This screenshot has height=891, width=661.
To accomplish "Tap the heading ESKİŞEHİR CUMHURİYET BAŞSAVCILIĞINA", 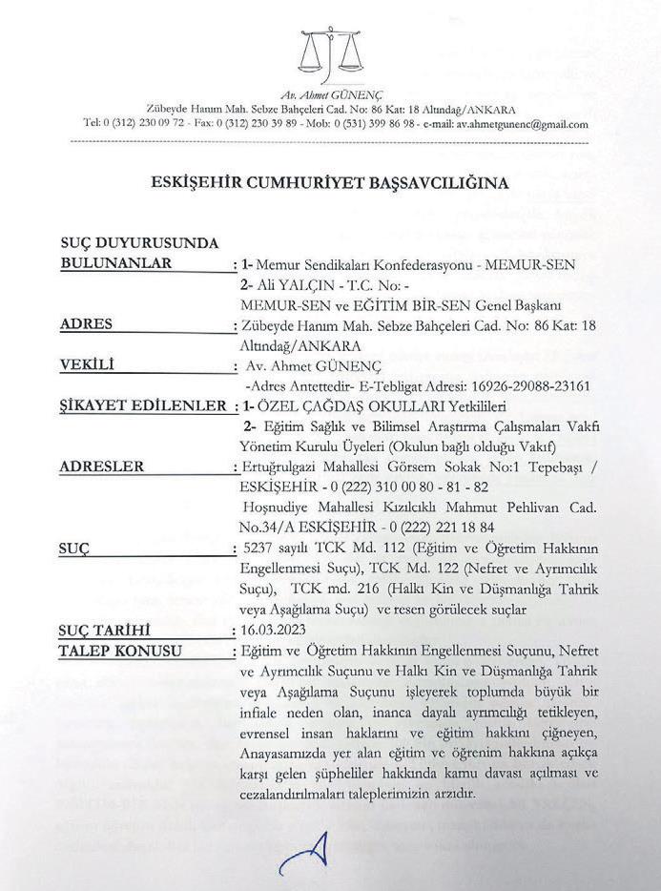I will click(331, 182).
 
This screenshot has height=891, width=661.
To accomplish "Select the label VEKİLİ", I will click(87, 364).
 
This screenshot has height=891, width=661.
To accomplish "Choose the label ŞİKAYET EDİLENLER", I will click(141, 407).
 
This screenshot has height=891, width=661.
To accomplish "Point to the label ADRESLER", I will click(102, 466).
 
